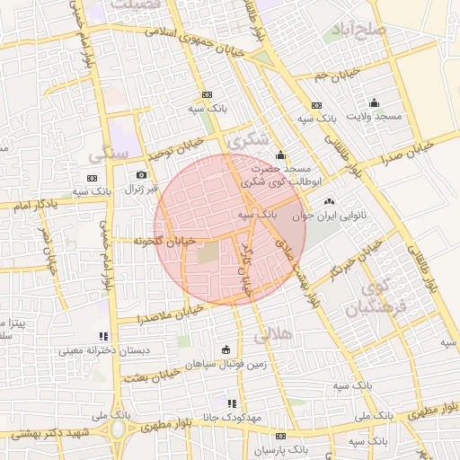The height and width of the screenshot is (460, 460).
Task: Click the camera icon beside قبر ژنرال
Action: click(x=141, y=174)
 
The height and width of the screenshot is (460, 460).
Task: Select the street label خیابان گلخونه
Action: click(x=164, y=241)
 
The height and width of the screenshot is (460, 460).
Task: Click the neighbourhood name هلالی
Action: click(x=274, y=336)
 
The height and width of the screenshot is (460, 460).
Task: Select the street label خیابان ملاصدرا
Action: click(x=168, y=314)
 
